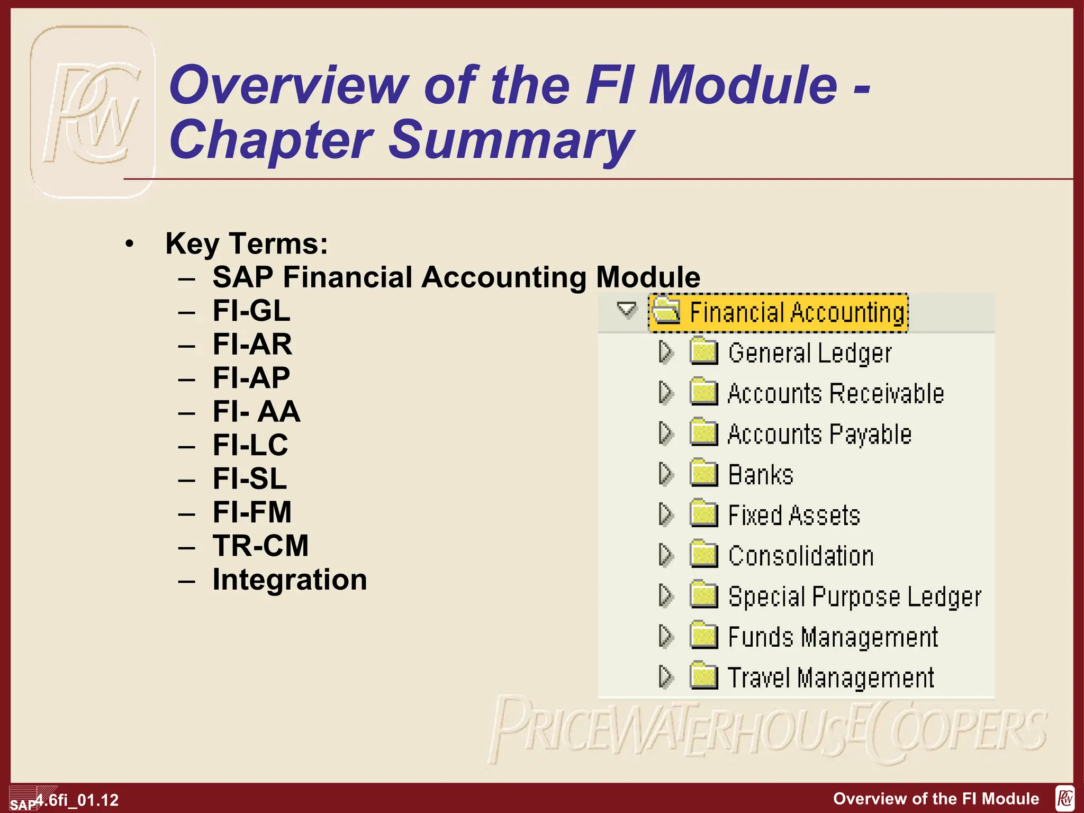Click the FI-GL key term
pyautogui.click(x=251, y=311)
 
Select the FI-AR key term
pyautogui.click(x=252, y=345)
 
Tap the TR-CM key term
pyautogui.click(x=260, y=546)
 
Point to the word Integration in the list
pyautogui.click(x=290, y=580)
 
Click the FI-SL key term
pyautogui.click(x=250, y=478)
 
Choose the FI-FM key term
pyautogui.click(x=252, y=512)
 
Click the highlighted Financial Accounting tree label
pyautogui.click(x=797, y=312)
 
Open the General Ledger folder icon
pyautogui.click(x=703, y=351)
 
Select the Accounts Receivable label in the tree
pyautogui.click(x=836, y=394)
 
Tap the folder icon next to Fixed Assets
pyautogui.click(x=703, y=514)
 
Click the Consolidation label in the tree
pyautogui.click(x=801, y=556)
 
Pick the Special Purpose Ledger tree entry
pyautogui.click(x=854, y=597)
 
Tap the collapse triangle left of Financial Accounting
pyautogui.click(x=627, y=309)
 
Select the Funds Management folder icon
pyautogui.click(x=703, y=636)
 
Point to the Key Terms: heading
pyautogui.click(x=247, y=244)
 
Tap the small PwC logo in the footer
pyautogui.click(x=1065, y=798)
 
